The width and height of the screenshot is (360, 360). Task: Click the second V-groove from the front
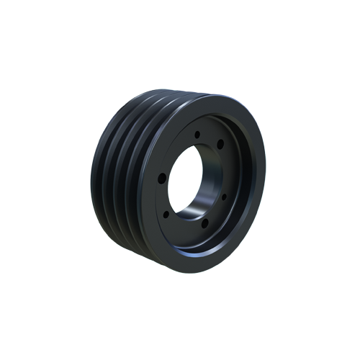pos(130,180)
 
